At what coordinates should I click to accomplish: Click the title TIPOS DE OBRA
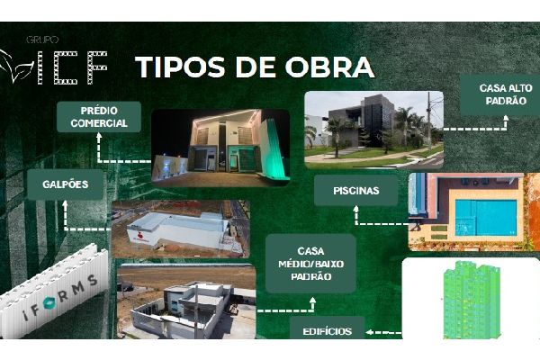[x=255, y=67]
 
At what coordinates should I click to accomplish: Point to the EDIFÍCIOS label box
[x=328, y=330]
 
